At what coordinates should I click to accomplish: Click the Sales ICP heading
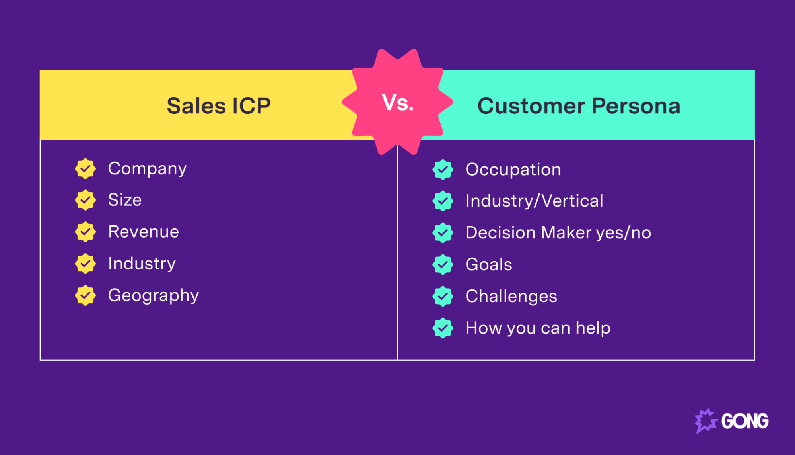(x=218, y=106)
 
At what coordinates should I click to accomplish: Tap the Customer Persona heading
(x=579, y=106)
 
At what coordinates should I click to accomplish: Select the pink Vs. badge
(x=398, y=102)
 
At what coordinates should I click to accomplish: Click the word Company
(x=147, y=169)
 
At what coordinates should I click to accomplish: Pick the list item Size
(x=124, y=200)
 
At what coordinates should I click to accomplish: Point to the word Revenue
(x=144, y=232)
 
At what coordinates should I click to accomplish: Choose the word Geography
(x=153, y=295)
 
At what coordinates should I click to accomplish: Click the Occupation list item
(x=513, y=170)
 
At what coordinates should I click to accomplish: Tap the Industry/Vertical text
(x=534, y=201)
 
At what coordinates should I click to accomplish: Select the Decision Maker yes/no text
(x=558, y=233)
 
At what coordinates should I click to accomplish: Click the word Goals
(x=489, y=265)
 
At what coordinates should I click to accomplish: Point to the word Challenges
(x=511, y=297)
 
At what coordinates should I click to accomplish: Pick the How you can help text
(x=538, y=328)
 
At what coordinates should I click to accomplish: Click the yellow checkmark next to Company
(x=85, y=169)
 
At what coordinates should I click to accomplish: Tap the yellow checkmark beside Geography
(x=85, y=295)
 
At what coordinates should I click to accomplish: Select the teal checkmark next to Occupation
(x=443, y=170)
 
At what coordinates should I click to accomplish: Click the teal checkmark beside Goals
(x=443, y=265)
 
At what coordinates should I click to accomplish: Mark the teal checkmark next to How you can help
(x=443, y=328)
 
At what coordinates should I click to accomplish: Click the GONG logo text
(x=744, y=421)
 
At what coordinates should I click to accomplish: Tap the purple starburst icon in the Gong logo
(x=706, y=421)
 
